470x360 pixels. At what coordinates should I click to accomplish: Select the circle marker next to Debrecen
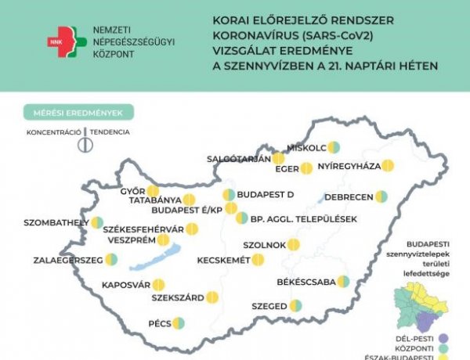coord(381,196)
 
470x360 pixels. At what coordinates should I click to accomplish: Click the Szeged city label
coord(269,306)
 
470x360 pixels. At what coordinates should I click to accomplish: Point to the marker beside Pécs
coord(179,322)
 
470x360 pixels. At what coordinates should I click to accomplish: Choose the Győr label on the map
coord(132,191)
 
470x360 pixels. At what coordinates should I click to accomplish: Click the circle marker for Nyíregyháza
coord(387,167)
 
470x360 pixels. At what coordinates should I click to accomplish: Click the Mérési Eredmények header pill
coord(78,113)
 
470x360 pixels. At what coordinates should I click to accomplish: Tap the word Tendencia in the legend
coord(110,132)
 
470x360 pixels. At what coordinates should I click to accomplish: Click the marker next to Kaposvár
coord(158,285)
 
